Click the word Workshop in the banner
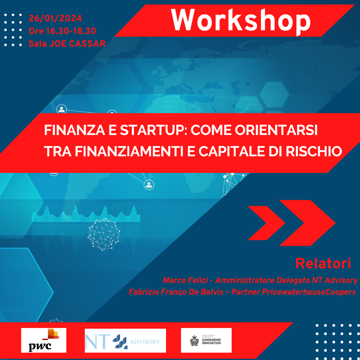tap(240, 20)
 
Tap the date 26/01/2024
tap(55, 18)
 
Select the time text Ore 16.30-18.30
tap(62, 31)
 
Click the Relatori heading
tap(323, 263)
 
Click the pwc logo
tap(44, 340)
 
